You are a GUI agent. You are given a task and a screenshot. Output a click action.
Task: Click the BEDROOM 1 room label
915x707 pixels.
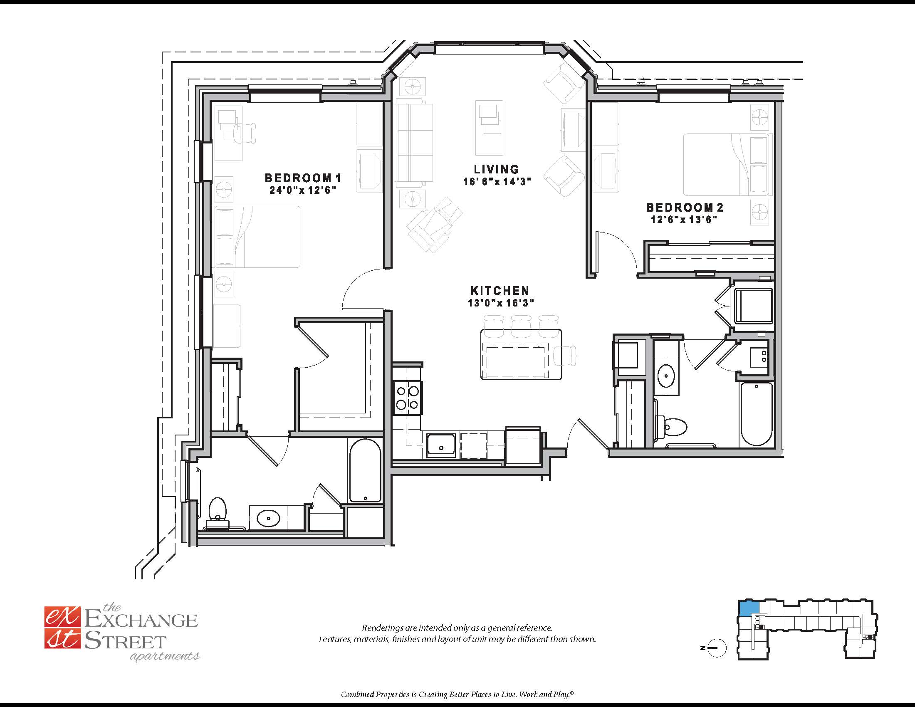303,178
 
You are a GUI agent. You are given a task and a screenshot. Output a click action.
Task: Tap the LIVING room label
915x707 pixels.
497,169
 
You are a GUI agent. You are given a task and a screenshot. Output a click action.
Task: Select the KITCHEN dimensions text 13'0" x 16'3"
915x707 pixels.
501,303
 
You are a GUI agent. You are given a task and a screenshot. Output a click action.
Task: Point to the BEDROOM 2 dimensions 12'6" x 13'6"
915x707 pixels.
684,220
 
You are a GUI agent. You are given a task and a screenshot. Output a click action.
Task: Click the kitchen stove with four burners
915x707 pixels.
408,398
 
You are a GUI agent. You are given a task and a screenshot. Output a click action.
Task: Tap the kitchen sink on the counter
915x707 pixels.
441,445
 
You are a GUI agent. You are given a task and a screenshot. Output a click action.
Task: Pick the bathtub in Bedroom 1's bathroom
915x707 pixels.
365,470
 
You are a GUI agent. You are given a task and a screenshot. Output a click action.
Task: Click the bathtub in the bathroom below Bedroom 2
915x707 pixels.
756,414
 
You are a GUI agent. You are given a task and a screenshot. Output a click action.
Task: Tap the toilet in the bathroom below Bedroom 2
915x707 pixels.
672,428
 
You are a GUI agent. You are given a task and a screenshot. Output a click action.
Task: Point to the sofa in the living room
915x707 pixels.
414,143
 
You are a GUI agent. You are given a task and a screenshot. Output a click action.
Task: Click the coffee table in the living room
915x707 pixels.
490,127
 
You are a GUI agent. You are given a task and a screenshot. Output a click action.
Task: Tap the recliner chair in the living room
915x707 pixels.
434,225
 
